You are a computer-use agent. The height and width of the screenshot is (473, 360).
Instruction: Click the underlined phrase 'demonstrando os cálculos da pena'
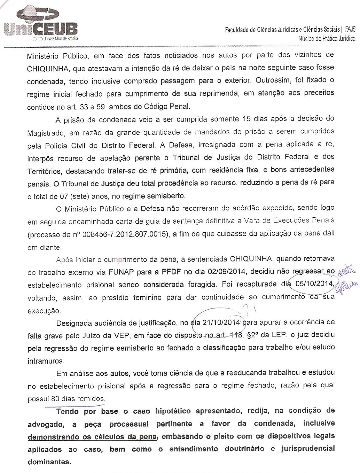pyautogui.click(x=93, y=436)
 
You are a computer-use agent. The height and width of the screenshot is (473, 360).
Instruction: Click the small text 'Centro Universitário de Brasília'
pyautogui.click(x=55, y=39)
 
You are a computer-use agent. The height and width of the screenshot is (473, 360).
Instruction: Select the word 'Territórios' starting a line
pyautogui.click(x=43, y=171)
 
